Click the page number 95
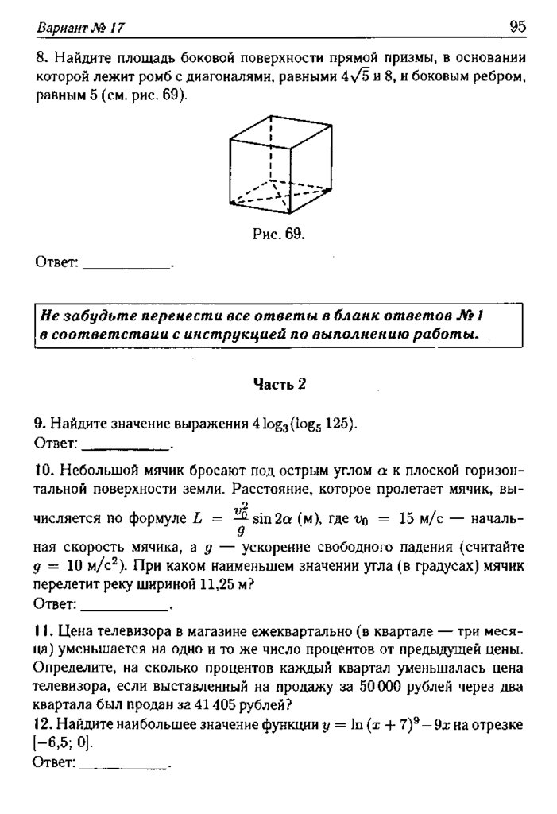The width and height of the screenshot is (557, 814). click(x=517, y=27)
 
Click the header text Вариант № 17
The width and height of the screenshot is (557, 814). click(x=81, y=29)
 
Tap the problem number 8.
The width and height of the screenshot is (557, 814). click(x=40, y=59)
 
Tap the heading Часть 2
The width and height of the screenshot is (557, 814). click(x=279, y=383)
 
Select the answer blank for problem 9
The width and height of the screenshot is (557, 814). click(x=127, y=442)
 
